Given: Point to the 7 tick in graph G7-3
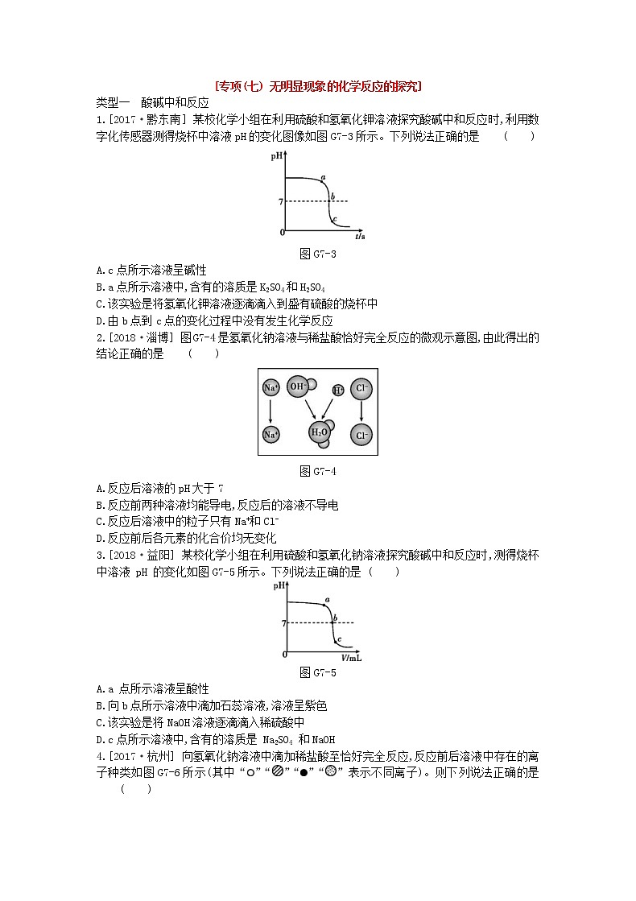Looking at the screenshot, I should click(280, 201).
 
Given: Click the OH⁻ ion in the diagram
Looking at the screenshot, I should click(299, 386).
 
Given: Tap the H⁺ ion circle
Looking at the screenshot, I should click(338, 390).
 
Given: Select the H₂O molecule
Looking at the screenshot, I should click(320, 433).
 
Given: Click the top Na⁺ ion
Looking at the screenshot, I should click(271, 388).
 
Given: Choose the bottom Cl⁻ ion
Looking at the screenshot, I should click(361, 435).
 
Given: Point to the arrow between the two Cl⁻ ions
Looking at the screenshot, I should click(361, 411).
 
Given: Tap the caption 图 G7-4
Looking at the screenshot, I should click(317, 471).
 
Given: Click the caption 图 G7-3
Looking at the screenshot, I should click(317, 254).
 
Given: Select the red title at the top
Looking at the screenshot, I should click(319, 86).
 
